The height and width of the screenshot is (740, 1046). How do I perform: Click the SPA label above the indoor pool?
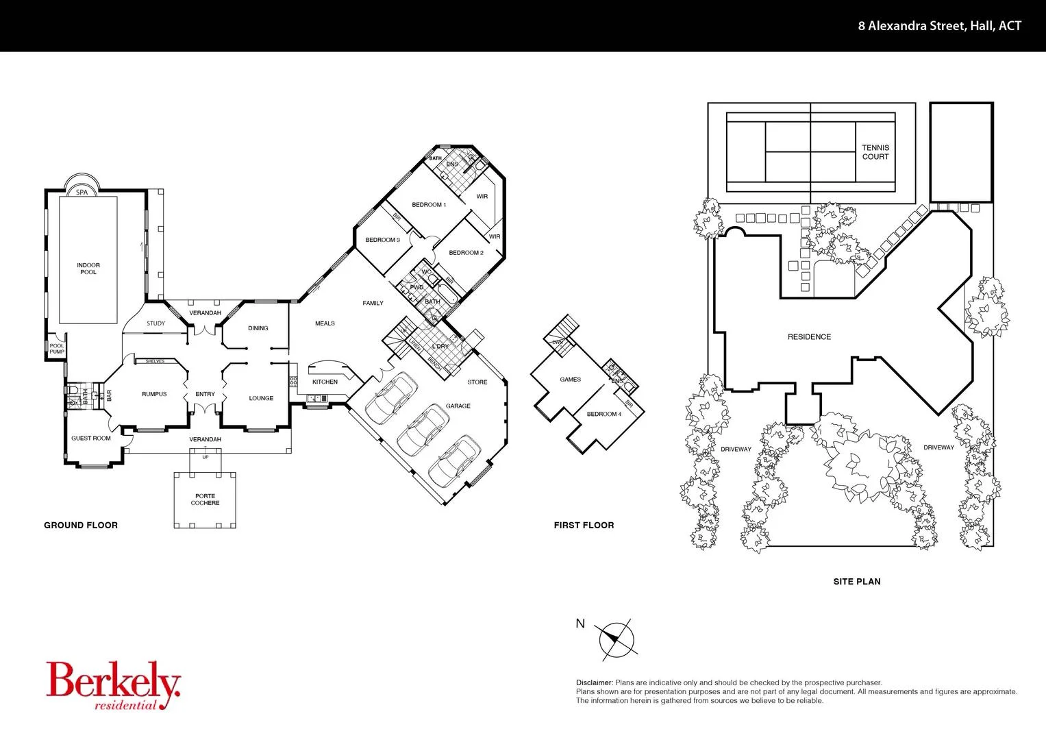tap(82, 193)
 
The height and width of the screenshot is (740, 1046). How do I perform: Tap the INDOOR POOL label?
tap(88, 269)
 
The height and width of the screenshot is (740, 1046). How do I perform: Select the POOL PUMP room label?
tap(57, 349)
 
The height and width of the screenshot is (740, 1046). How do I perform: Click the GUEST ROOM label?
tap(91, 439)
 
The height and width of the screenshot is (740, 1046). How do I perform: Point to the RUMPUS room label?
tap(154, 394)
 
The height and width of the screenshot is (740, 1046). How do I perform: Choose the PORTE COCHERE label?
tap(205, 500)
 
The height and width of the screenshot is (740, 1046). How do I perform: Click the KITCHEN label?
tap(325, 382)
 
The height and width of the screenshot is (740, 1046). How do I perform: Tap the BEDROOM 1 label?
tap(429, 205)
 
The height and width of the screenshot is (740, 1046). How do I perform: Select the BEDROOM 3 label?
tap(382, 240)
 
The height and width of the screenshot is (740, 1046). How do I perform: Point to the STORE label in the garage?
tap(477, 382)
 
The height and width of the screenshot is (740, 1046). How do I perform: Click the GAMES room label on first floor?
tap(570, 380)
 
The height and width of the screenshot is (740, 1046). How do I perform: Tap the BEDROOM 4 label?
tap(603, 414)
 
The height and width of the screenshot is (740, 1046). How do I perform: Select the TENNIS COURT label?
tap(875, 152)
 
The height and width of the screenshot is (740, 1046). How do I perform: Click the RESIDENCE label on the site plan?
tap(809, 337)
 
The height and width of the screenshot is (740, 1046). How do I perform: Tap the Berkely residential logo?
tap(113, 686)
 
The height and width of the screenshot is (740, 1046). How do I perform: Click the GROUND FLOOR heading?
tap(81, 526)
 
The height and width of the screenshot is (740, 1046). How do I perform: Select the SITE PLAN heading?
tap(856, 582)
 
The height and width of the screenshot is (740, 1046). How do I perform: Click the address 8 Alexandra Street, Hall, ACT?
tap(939, 26)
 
